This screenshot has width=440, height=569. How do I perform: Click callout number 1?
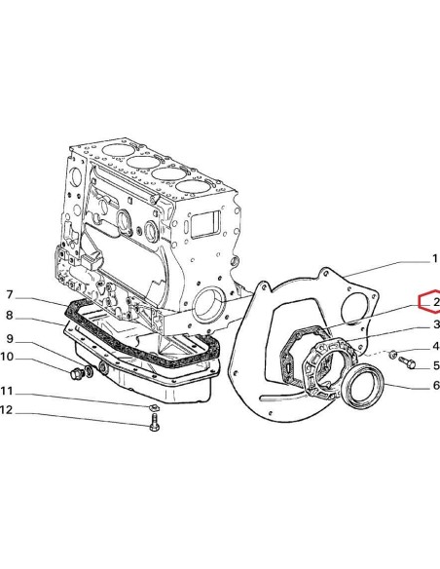pyautogui.click(x=434, y=259)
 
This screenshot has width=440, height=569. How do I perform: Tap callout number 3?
pyautogui.click(x=435, y=324)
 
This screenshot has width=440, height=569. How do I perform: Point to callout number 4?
pyautogui.click(x=435, y=346)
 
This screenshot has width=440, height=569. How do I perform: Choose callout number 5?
pyautogui.click(x=435, y=366)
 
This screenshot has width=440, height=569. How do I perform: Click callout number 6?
pyautogui.click(x=435, y=386)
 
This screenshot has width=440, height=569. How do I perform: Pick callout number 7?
pyautogui.click(x=10, y=295)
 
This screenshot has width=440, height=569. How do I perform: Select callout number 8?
pyautogui.click(x=10, y=316)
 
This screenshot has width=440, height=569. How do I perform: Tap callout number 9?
pyautogui.click(x=10, y=338)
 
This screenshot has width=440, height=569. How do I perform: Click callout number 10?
pyautogui.click(x=10, y=358)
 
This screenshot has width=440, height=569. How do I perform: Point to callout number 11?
pyautogui.click(x=10, y=391)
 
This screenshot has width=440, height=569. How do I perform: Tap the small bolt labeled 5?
pyautogui.click(x=407, y=363)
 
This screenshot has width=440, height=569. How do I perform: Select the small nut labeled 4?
pyautogui.click(x=392, y=357)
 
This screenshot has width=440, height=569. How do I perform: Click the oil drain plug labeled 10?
pyautogui.click(x=78, y=373)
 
